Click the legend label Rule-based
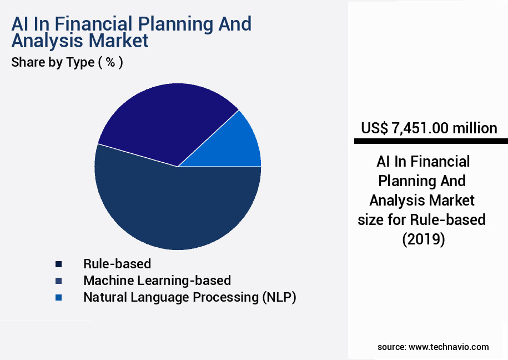coord(117,264)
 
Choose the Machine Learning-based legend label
coord(157,281)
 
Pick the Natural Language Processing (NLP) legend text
coord(189,297)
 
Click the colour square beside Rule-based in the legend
coord(58,264)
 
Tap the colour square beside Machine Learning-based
coord(58,281)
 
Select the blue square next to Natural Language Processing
coord(58,298)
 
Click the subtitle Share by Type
coord(53,62)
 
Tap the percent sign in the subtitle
coord(110,62)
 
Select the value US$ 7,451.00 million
coord(429,128)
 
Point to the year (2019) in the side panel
coord(423,239)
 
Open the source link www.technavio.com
coord(449,347)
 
